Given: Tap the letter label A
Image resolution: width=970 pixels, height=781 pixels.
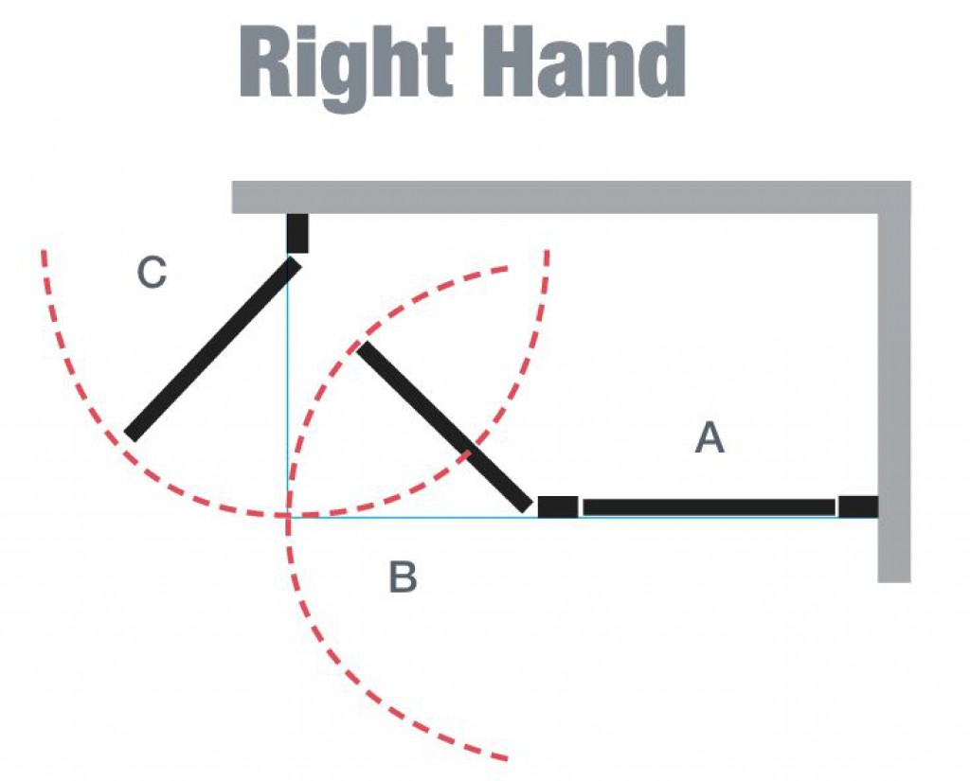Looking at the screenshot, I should click(710, 438).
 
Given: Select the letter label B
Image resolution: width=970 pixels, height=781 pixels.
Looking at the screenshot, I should click(403, 577).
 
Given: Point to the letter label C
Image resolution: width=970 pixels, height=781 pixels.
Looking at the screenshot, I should click(152, 273).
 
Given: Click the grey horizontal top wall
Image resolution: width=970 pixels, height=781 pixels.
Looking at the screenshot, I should click(568, 197).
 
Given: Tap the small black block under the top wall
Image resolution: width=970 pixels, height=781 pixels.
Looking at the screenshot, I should click(297, 233).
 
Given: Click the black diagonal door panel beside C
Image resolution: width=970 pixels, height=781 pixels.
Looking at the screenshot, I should click(213, 348).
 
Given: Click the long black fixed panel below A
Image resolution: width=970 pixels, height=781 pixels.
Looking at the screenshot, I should click(709, 507).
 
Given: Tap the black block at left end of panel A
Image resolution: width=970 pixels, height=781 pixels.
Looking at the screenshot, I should click(558, 506).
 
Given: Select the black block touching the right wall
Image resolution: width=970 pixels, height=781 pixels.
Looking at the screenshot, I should click(858, 506).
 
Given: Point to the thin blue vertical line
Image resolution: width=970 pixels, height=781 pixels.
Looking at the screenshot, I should click(287, 398).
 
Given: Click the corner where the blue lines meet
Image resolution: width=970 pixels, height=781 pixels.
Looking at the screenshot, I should click(288, 517).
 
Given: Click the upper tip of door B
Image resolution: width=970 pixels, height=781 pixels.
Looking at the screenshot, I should click(363, 347).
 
